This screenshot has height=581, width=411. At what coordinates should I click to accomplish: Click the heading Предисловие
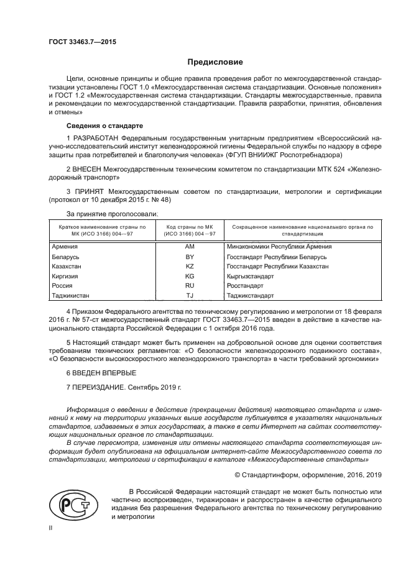click(215, 62)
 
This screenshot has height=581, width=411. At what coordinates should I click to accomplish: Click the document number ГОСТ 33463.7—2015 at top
click(82, 42)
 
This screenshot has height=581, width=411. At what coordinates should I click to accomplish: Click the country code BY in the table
click(190, 256)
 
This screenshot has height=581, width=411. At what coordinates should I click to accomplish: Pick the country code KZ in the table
click(190, 266)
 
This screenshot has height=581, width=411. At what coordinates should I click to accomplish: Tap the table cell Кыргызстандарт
click(252, 276)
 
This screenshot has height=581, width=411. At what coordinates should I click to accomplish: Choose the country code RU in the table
click(190, 286)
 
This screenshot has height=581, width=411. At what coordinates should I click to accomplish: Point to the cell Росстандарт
click(246, 286)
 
